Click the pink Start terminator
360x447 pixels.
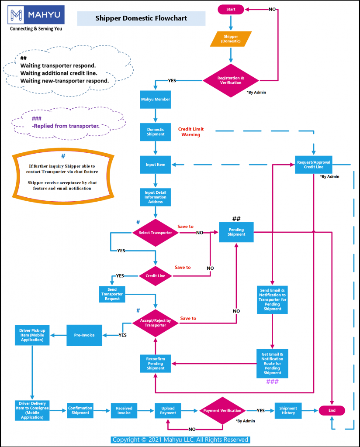(231, 9)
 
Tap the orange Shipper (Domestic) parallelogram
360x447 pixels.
(231, 38)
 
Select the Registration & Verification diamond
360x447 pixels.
(231, 80)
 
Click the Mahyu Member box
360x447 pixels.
(156, 99)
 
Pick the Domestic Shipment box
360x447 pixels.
(156, 132)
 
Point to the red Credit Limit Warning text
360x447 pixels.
(191, 132)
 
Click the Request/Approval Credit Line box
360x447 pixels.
(313, 165)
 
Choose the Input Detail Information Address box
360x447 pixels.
(156, 197)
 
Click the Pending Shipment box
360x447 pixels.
(236, 232)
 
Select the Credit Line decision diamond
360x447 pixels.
(156, 276)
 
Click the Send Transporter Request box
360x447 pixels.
(112, 294)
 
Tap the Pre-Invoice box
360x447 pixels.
(84, 335)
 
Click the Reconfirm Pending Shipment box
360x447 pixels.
(156, 363)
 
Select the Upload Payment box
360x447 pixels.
(168, 411)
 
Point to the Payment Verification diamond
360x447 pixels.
(222, 411)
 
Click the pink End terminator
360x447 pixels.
(332, 410)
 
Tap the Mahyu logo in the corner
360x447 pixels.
(36, 15)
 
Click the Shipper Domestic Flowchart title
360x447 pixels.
(141, 18)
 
